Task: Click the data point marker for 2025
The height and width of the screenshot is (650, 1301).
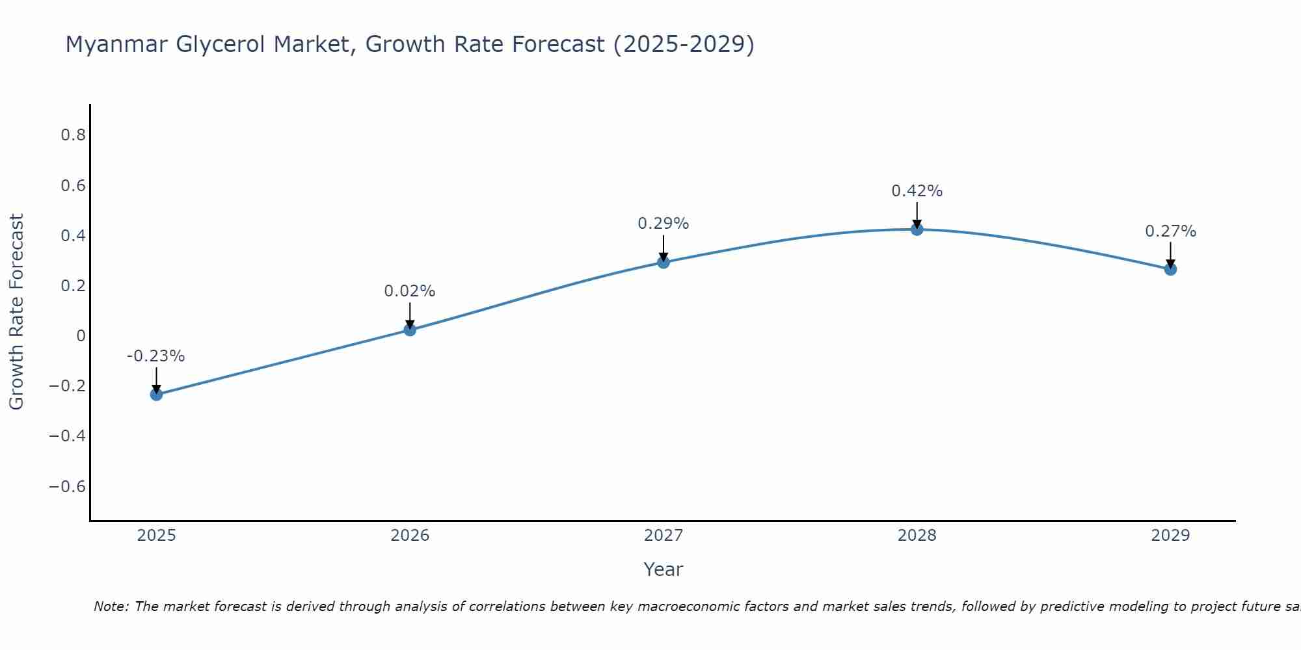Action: [x=156, y=394]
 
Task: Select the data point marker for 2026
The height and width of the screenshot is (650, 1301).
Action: [x=410, y=330]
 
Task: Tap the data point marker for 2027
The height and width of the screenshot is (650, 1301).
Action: [x=664, y=262]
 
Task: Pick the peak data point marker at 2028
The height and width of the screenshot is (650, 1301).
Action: [x=917, y=229]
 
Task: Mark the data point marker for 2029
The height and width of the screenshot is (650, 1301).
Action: [x=1170, y=268]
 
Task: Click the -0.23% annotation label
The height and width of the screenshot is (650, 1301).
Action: [x=156, y=356]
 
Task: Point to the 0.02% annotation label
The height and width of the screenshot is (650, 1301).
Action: [x=410, y=291]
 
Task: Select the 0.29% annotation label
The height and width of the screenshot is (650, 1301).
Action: [x=664, y=224]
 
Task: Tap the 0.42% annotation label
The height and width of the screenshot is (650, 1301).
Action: [x=917, y=191]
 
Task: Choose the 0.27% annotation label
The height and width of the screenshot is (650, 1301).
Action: [x=1170, y=231]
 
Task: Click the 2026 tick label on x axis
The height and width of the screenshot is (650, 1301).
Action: [x=410, y=536]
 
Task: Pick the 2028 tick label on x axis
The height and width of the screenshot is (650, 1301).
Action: [x=917, y=536]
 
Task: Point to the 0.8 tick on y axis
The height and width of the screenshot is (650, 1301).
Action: [x=74, y=135]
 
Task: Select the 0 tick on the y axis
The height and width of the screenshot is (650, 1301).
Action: [x=81, y=336]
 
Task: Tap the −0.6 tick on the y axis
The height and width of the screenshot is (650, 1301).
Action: [x=68, y=487]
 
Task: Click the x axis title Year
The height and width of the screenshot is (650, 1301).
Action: [x=663, y=570]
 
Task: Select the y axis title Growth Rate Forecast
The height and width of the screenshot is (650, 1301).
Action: [x=16, y=311]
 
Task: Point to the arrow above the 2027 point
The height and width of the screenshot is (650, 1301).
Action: [x=664, y=248]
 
